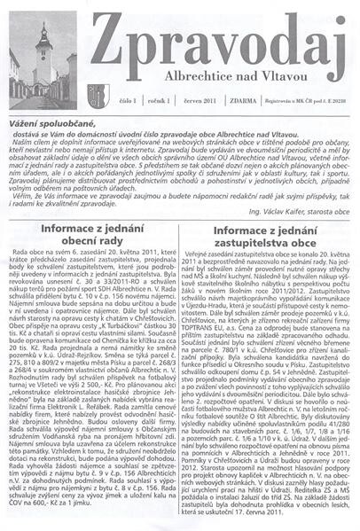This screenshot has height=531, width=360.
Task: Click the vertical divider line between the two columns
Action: click(180, 372)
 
